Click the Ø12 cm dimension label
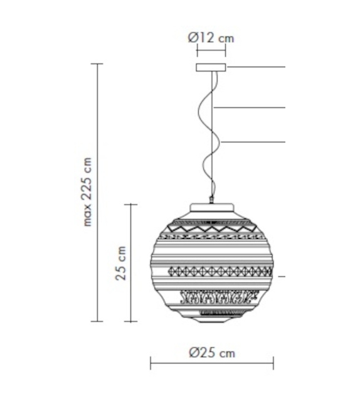point(211,38)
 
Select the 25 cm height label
point(122,262)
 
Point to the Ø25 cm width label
point(212,353)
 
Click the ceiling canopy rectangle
point(212,67)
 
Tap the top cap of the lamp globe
point(212,208)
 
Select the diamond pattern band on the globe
point(212,271)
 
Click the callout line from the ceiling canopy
point(257,66)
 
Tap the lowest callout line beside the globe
point(281,276)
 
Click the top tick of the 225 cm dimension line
point(97,64)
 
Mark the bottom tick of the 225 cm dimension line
point(97,321)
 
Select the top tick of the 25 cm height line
point(130,204)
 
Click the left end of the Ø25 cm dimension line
point(151,363)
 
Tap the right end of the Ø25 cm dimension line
point(273,363)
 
